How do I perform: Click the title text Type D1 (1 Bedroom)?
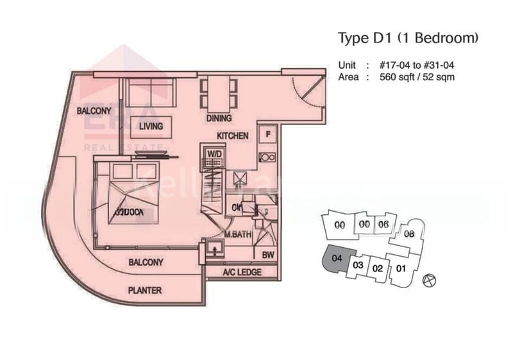pos(408,38)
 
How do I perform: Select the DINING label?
pos(219,119)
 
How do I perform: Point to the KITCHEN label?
pos(231,136)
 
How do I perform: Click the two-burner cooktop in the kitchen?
pos(267,157)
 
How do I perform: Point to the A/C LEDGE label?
pos(241,272)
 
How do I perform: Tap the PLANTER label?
pos(145,289)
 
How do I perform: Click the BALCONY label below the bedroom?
pos(146,262)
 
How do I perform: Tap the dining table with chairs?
pos(214,93)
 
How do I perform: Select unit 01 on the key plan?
pos(401,267)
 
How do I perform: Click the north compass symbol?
pos(429,280)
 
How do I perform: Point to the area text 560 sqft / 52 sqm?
pos(417,76)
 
